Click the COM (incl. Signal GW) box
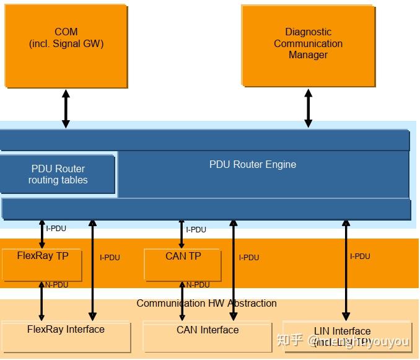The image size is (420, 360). (66, 46)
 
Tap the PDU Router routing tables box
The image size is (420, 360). (58, 175)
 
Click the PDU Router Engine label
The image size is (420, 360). (253, 165)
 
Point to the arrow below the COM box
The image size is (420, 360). (66, 109)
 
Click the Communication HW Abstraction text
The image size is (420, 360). (206, 304)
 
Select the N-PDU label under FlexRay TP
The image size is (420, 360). (56, 285)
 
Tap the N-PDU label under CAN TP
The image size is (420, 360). (198, 285)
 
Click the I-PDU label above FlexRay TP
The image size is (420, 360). (56, 229)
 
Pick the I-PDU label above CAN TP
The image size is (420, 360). (196, 230)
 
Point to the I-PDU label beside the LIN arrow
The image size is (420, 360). (360, 257)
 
